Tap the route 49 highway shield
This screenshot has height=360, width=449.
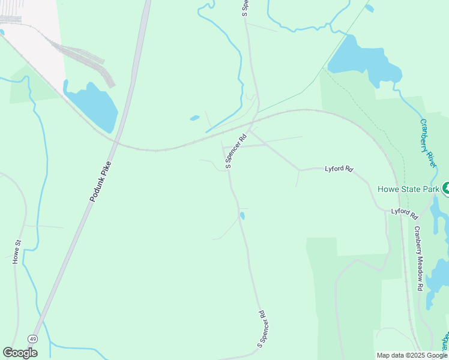tap(34, 340)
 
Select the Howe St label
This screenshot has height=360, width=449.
tap(17, 251)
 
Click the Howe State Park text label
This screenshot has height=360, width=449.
tap(408, 189)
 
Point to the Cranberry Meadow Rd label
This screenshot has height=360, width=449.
tap(418, 259)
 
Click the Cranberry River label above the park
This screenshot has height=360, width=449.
tap(427, 142)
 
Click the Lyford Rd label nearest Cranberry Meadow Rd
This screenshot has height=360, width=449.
tap(404, 212)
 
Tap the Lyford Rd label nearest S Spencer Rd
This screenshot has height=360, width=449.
tap(338, 169)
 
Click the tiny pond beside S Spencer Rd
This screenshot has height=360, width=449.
tap(242, 215)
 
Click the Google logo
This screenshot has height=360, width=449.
tap(20, 353)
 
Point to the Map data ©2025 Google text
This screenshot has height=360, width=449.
tap(411, 355)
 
